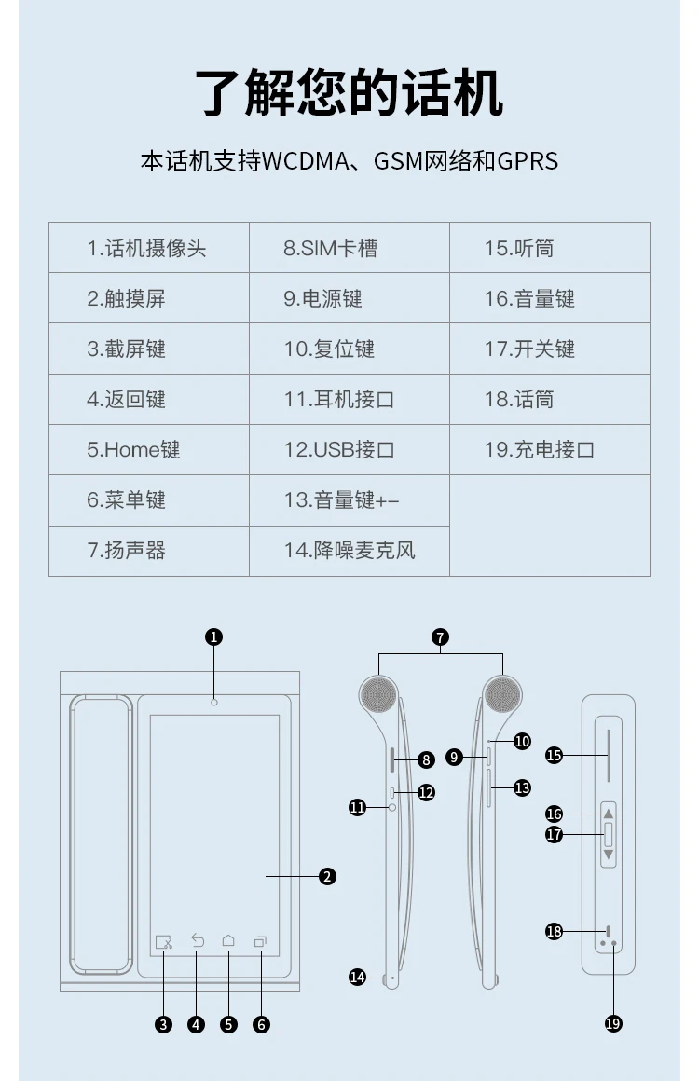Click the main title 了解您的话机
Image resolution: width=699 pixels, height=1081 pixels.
(x=349, y=92)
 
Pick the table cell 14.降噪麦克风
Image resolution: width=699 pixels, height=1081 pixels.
(x=349, y=550)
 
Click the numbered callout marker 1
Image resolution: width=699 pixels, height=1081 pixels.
(x=213, y=637)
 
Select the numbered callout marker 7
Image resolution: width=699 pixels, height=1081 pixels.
(x=441, y=637)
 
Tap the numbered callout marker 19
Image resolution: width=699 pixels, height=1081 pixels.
(x=613, y=1024)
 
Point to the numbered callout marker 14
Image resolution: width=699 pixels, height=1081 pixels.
(x=357, y=977)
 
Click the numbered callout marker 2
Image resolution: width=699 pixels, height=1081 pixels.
(x=327, y=876)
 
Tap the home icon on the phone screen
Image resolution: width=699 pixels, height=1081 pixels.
(x=228, y=940)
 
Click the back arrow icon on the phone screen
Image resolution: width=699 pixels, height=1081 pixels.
(x=198, y=940)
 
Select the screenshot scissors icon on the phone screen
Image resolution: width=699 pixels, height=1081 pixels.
(x=164, y=942)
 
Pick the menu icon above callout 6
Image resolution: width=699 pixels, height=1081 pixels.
(x=260, y=941)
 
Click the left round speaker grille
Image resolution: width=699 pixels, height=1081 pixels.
(x=378, y=694)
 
